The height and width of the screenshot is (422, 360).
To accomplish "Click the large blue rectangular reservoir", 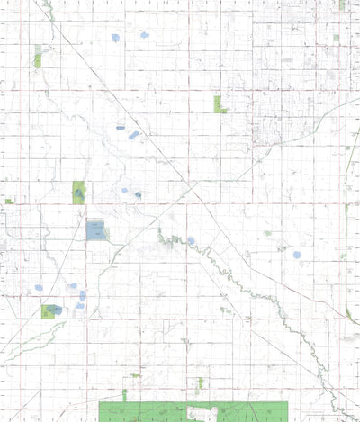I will click(95, 230).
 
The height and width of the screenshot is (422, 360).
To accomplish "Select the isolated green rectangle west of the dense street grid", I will click(218, 103).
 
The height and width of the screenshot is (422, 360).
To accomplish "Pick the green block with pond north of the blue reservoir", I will click(78, 192).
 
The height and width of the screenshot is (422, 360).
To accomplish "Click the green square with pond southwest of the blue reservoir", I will click(50, 311).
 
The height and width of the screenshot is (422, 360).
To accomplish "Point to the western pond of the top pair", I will click(114, 38).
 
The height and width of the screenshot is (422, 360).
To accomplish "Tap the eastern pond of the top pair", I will click(144, 35).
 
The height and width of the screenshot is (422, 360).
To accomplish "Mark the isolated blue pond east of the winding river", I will click(297, 255).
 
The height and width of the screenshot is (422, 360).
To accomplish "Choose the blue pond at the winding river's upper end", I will click(191, 240).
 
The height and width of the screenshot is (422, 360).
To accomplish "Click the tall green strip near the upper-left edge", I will click(37, 57).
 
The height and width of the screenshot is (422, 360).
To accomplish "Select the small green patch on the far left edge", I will click(8, 201).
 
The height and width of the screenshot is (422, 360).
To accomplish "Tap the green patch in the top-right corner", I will click(342, 4).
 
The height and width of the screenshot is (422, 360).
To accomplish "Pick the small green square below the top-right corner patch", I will click(337, 38).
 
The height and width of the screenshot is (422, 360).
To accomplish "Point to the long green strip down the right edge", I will click(346, 261).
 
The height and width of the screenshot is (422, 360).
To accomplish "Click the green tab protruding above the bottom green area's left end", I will click(124, 395).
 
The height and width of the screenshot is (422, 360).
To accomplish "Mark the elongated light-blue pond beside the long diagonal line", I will click(134, 135).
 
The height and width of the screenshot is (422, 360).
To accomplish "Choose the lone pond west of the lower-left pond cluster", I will click(39, 288).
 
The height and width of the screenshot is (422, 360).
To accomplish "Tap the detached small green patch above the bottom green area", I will click(201, 383).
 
